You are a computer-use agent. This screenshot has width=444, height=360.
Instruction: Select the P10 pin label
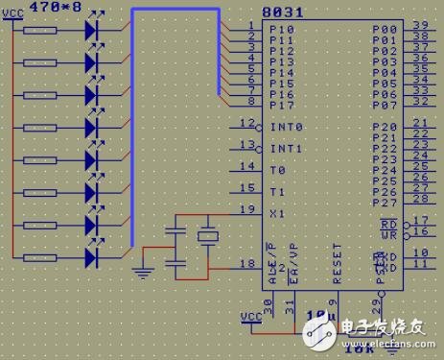[282, 31]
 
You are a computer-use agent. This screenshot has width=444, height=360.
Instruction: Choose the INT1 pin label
[286, 149]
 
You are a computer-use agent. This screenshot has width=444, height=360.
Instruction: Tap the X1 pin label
[278, 212]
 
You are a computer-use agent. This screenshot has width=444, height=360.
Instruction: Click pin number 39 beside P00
[420, 25]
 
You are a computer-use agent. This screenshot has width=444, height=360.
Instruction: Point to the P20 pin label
[384, 128]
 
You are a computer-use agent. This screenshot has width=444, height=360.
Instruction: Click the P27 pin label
[384, 202]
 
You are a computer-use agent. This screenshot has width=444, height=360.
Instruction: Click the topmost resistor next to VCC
[43, 30]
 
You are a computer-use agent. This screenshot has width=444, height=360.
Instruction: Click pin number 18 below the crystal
[247, 261]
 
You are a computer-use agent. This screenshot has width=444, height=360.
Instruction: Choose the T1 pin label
[278, 191]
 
